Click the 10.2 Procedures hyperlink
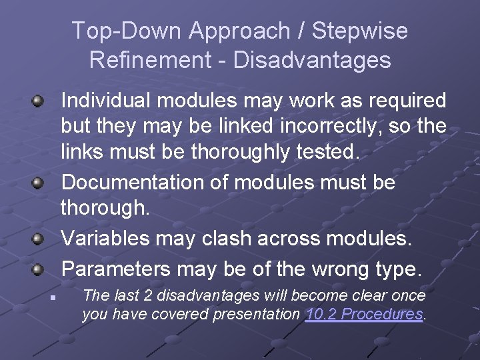tap(365, 314)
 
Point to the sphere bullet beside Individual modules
tap(39, 102)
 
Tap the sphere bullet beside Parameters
tap(39, 270)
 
